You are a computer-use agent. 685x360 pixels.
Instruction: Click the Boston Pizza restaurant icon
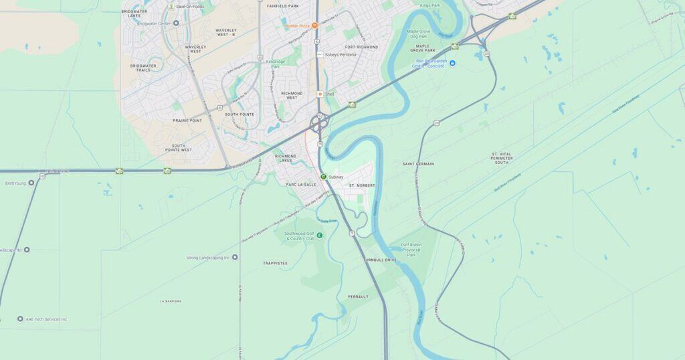[x=315, y=25]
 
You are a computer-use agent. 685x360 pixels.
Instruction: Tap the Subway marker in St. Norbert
[x=323, y=177]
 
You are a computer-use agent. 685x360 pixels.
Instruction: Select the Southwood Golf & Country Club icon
[x=319, y=235]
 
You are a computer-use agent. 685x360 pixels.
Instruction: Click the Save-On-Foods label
[x=189, y=7]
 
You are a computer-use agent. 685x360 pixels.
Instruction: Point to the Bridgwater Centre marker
[x=176, y=23]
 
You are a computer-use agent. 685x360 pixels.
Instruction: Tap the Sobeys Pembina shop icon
[x=320, y=54]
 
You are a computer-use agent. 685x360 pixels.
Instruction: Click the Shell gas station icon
[x=320, y=94]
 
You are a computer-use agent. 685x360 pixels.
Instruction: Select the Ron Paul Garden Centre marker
[x=452, y=63]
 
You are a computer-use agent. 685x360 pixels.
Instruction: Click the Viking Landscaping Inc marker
[x=235, y=257]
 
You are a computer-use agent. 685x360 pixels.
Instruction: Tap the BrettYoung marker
[x=31, y=183]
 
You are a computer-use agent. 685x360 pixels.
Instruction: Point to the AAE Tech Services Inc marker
[x=20, y=319]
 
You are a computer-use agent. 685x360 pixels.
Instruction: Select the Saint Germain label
[x=418, y=164]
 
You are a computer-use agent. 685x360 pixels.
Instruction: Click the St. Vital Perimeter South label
[x=501, y=158]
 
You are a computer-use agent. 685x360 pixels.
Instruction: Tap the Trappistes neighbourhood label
[x=275, y=263]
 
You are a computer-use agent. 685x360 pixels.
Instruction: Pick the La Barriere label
[x=171, y=301]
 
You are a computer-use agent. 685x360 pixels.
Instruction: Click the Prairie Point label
[x=187, y=120]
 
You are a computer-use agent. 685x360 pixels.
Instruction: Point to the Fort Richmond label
[x=361, y=47]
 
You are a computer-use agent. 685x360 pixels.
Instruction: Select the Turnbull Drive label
[x=380, y=260]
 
